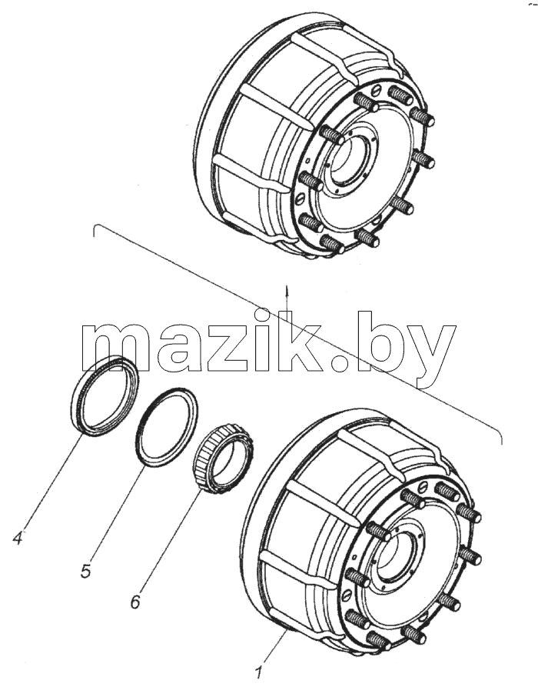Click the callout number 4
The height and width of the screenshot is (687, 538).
pyautogui.click(x=18, y=537)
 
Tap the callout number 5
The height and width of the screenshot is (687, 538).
pyautogui.click(x=86, y=571)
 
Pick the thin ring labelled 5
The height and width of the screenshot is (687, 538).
pyautogui.click(x=141, y=442)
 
